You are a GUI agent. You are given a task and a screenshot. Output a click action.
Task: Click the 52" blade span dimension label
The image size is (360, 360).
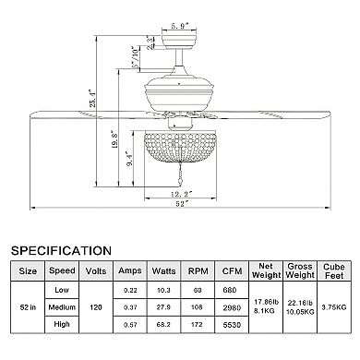[x=182, y=203]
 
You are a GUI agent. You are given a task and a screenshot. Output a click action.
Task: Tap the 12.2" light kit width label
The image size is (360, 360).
[x=182, y=194]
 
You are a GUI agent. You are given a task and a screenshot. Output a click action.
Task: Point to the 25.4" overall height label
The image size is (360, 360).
[x=92, y=99]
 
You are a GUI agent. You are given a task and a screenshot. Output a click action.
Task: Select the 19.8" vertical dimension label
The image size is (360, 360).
[x=114, y=140]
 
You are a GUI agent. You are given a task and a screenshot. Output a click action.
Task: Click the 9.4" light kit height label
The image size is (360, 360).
[x=129, y=159]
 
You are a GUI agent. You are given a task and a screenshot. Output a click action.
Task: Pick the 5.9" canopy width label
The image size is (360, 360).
[x=180, y=27]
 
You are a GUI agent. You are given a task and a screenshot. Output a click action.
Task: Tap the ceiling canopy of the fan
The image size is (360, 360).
[x=179, y=42]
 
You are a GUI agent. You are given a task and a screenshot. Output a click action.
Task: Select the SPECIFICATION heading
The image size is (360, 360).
[x=61, y=251]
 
